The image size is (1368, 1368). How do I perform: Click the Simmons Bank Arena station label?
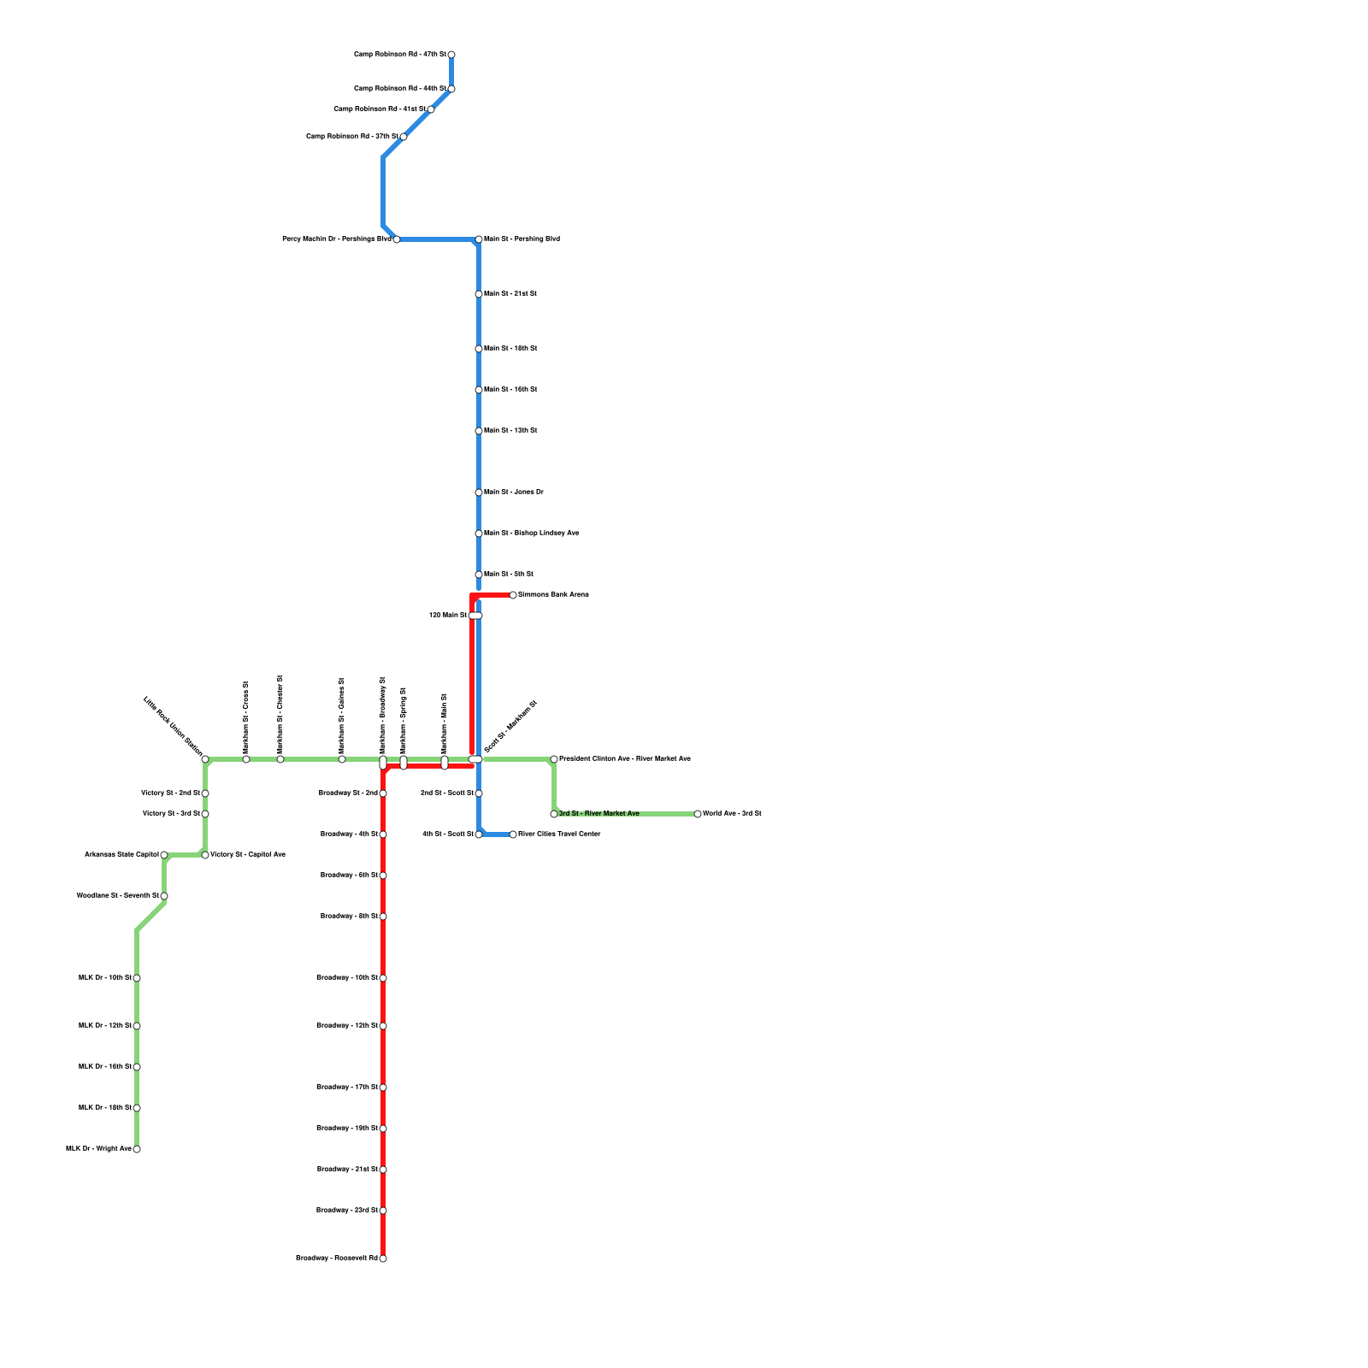tap(553, 594)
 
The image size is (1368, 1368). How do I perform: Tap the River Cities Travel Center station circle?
tap(513, 834)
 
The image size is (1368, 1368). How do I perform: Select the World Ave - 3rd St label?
tap(732, 813)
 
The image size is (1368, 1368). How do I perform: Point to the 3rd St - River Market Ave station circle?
tap(554, 814)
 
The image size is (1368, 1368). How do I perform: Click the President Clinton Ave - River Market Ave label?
tap(624, 758)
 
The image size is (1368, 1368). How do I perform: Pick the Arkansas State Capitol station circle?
tap(164, 855)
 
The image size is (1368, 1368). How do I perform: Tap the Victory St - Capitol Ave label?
tap(248, 854)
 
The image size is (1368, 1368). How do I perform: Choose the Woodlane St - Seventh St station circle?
tap(164, 896)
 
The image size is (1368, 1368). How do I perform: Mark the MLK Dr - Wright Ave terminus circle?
tap(137, 1149)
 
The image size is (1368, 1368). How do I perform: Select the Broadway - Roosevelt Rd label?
tap(337, 1258)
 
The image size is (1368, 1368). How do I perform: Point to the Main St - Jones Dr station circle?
tap(479, 492)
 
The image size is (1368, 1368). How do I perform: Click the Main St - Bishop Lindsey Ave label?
tap(531, 533)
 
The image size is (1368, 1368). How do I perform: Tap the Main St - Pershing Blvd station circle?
tap(479, 239)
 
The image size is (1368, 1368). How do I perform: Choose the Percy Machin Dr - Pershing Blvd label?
tap(336, 239)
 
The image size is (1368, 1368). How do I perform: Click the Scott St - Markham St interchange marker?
tap(475, 759)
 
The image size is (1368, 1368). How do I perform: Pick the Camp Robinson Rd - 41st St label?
tap(380, 109)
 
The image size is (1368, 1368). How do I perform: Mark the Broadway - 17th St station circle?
tap(383, 1088)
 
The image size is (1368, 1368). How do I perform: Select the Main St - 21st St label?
tap(510, 293)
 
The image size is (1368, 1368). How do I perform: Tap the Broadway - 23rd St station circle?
tap(383, 1211)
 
